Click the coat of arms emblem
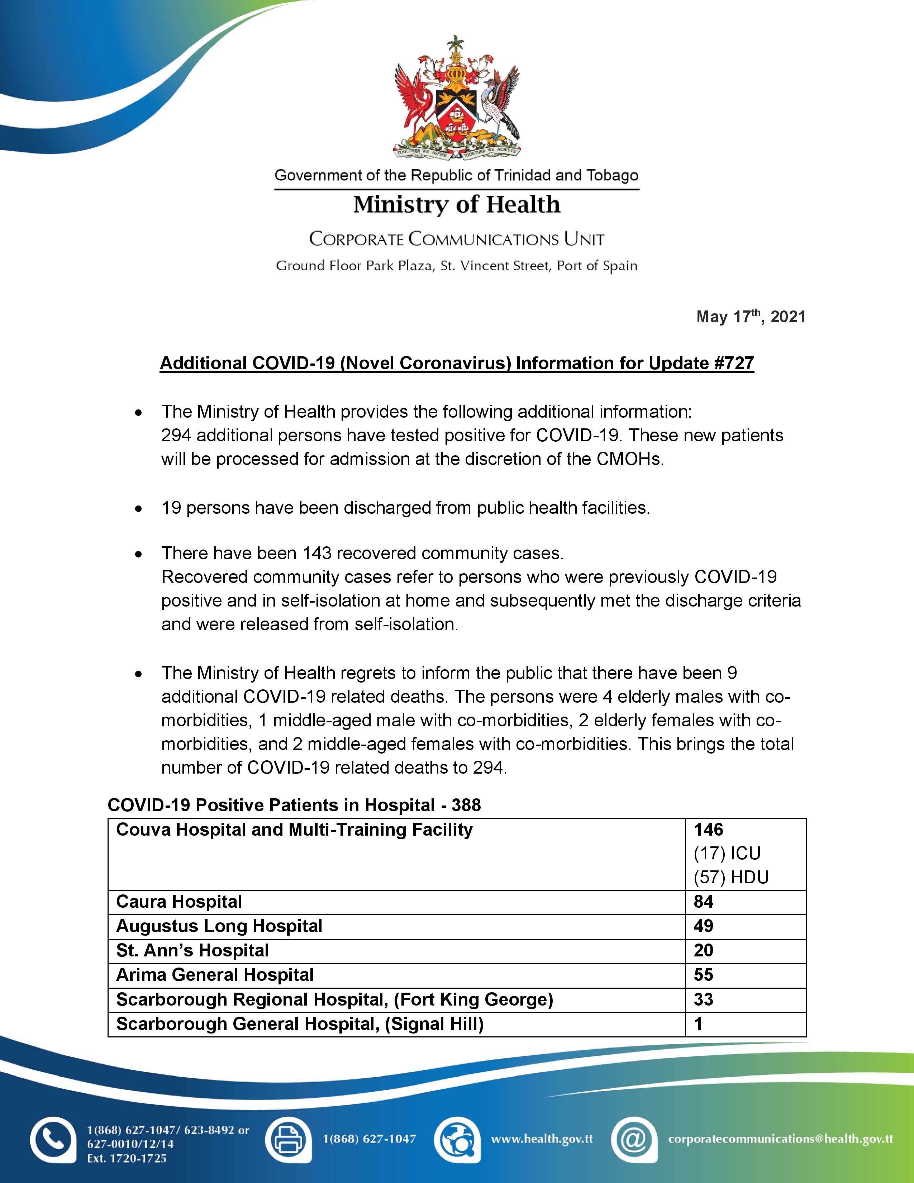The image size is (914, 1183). tap(456, 98)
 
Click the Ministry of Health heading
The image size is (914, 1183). tap(456, 205)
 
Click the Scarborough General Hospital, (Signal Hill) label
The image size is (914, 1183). tap(299, 1024)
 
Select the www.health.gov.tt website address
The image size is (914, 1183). tap(542, 1139)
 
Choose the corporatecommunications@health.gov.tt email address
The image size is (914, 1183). tap(780, 1139)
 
